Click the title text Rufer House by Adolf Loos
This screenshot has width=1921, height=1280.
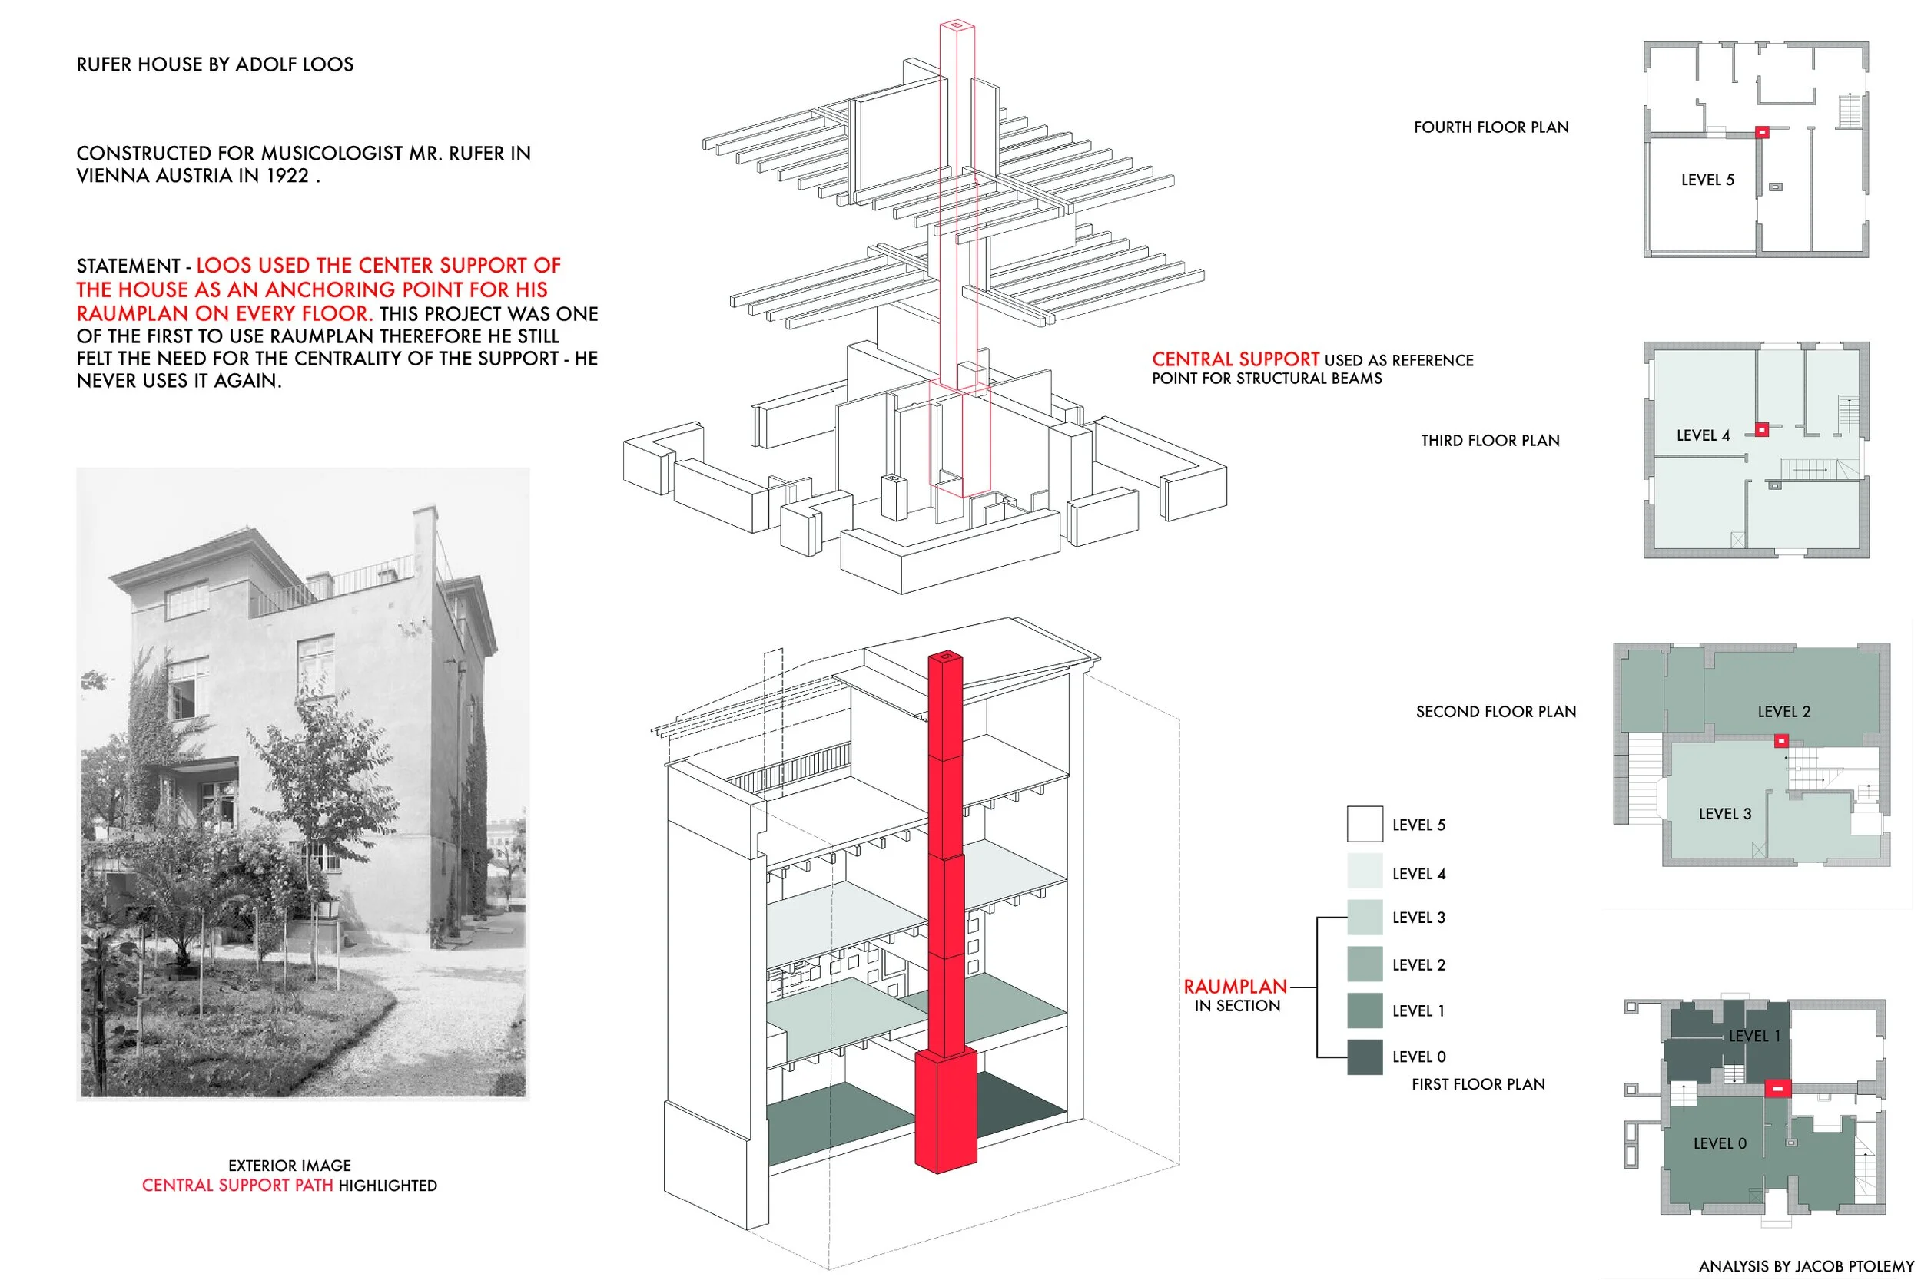[x=215, y=64]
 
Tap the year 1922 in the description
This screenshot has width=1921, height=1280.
[x=287, y=176]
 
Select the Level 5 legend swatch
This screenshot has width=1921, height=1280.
[x=1364, y=824]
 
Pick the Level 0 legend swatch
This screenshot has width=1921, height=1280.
[x=1364, y=1057]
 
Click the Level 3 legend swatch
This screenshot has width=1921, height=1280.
[x=1364, y=917]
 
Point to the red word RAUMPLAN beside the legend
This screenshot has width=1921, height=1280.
[x=1235, y=986]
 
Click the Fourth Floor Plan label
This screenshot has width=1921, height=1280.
[x=1491, y=127]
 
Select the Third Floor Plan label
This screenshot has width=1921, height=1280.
[x=1490, y=441]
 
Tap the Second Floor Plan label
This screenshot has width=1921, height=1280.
[x=1495, y=712]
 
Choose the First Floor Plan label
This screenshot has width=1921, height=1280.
[x=1478, y=1084]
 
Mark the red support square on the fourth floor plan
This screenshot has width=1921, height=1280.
[x=1762, y=131]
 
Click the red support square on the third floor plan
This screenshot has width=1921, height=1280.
[x=1762, y=428]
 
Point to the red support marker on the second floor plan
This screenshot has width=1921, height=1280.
[x=1781, y=740]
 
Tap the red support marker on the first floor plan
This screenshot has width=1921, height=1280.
[x=1777, y=1087]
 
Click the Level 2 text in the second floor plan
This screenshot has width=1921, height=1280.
[x=1783, y=712]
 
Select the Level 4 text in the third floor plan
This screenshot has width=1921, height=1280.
[x=1703, y=436]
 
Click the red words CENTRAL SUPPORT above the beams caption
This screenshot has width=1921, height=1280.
[x=1235, y=359]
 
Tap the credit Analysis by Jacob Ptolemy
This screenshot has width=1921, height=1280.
[x=1806, y=1266]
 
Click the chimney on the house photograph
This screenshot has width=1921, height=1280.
[x=424, y=534]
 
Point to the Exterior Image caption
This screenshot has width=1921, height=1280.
[x=289, y=1165]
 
